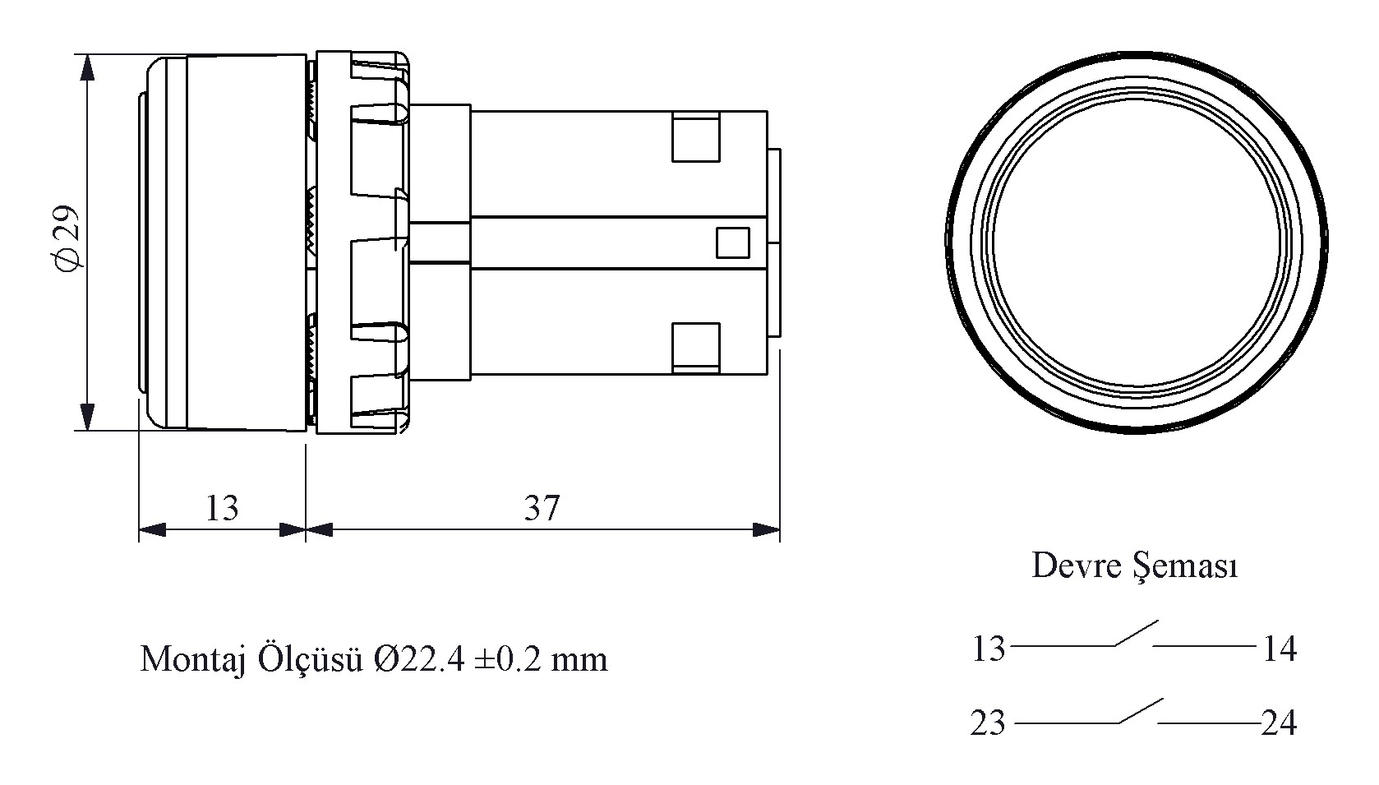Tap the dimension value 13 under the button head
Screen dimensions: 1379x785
pos(222,508)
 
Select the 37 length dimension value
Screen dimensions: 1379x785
pos(542,508)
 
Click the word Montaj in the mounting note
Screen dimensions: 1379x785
pos(193,660)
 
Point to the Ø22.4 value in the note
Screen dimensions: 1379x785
pos(418,658)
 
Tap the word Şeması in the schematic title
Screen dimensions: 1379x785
pos(1186,566)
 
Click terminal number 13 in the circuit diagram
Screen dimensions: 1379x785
pos(988,649)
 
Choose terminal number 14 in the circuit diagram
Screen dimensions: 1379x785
pos(1280,649)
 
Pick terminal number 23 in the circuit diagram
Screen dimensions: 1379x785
pos(988,723)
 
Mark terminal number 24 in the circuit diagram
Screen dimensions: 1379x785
pos(1279,723)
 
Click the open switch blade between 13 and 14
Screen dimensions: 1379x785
pos(1137,634)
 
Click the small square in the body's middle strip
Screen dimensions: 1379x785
pos(732,242)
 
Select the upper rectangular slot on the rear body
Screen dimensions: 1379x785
pos(695,136)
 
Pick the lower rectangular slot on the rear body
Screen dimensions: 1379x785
pos(695,348)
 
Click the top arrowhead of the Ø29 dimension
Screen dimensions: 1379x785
pos(88,67)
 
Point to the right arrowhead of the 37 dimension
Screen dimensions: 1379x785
pos(767,529)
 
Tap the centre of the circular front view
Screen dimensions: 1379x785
pos(1137,242)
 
